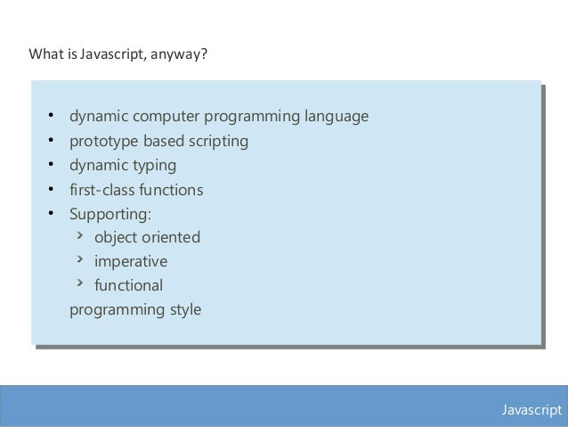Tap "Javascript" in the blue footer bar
[531, 409]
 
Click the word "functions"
[173, 190]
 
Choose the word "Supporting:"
[111, 214]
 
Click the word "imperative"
[131, 262]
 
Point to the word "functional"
[129, 286]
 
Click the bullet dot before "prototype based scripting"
[51, 141]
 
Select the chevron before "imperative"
[79, 259]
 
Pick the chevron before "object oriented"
[79, 235]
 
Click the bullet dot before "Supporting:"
[51, 214]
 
